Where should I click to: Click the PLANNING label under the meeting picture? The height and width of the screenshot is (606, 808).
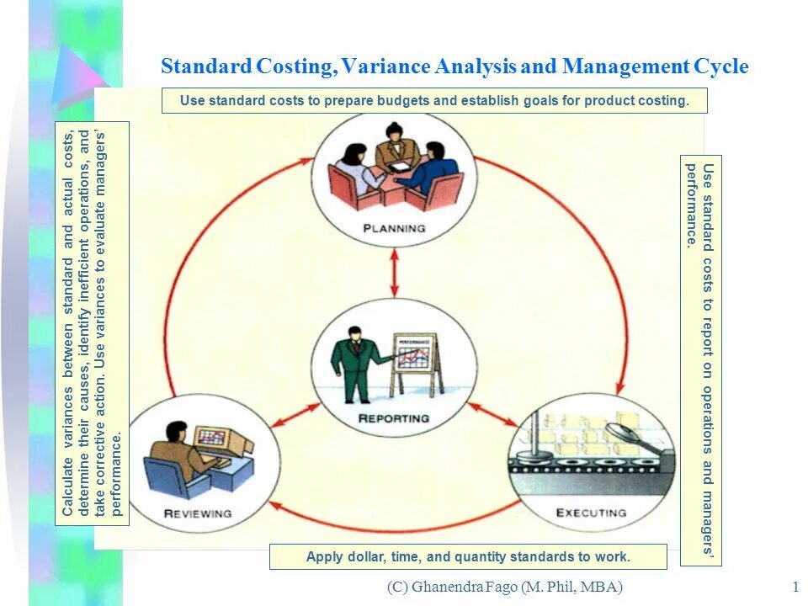394,228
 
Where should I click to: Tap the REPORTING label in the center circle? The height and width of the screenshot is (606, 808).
394,418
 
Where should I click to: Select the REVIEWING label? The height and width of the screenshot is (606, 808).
198,513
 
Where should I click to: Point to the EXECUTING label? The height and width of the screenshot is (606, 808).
591,513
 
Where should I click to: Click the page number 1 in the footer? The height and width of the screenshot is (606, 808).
795,587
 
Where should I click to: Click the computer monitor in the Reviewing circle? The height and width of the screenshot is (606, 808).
212,439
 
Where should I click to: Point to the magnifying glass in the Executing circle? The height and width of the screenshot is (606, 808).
627,434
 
